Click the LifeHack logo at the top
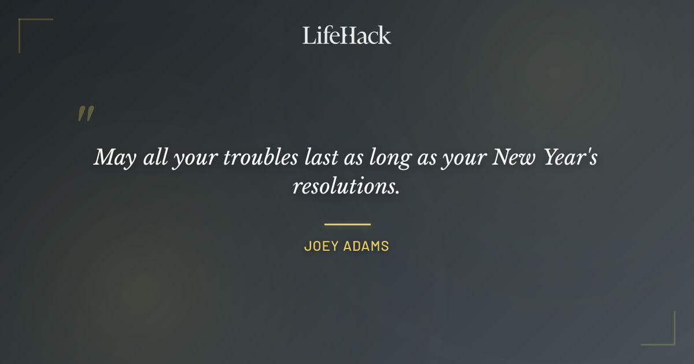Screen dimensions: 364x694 (x=346, y=35)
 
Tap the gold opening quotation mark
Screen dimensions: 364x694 (x=85, y=114)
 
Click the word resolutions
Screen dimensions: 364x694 (x=346, y=187)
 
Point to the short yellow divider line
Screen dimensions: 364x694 (x=347, y=224)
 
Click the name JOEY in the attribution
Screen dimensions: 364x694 (x=321, y=246)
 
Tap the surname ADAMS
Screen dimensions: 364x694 (x=367, y=246)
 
